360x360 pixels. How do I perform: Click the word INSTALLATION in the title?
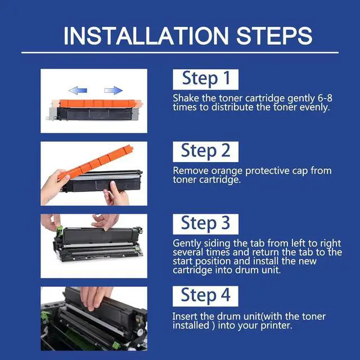pos(146,36)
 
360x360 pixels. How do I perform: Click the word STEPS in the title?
pos(274,36)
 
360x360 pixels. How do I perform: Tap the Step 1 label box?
pos(205,79)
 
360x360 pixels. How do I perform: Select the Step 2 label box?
pos(205,152)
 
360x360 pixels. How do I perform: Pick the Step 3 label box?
pos(205,224)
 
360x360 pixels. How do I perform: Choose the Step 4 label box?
pos(205,296)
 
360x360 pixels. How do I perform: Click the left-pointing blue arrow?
pos(78,91)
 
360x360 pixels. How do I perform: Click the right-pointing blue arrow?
pos(114,91)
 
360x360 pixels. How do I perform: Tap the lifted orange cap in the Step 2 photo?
pos(95,162)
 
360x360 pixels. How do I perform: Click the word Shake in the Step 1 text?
pos(186,98)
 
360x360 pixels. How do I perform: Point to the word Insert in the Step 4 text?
pos(185,316)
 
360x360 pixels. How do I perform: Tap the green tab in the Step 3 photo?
pos(60,231)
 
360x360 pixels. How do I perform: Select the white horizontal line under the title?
pos(180,52)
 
